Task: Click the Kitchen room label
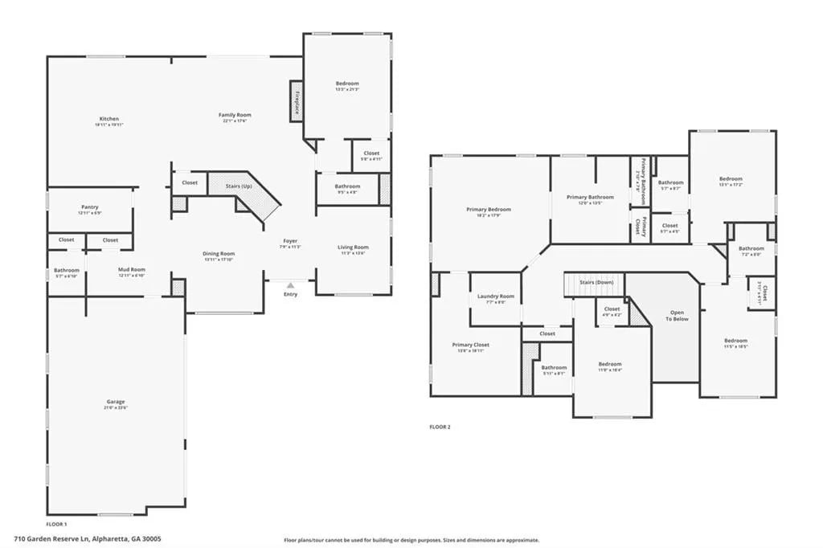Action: click(x=109, y=119)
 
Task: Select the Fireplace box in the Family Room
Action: click(x=296, y=101)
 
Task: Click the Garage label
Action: click(x=116, y=402)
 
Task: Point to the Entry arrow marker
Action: click(x=290, y=284)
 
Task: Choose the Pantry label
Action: click(x=90, y=207)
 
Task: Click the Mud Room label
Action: click(x=131, y=270)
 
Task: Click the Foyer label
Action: click(x=290, y=241)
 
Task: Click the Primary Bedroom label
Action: click(x=489, y=210)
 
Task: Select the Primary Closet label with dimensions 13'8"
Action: click(x=470, y=345)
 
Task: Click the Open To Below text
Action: click(x=678, y=315)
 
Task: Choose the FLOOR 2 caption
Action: click(x=440, y=427)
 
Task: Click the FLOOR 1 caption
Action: click(x=56, y=523)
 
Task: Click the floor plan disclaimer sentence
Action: click(x=411, y=540)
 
